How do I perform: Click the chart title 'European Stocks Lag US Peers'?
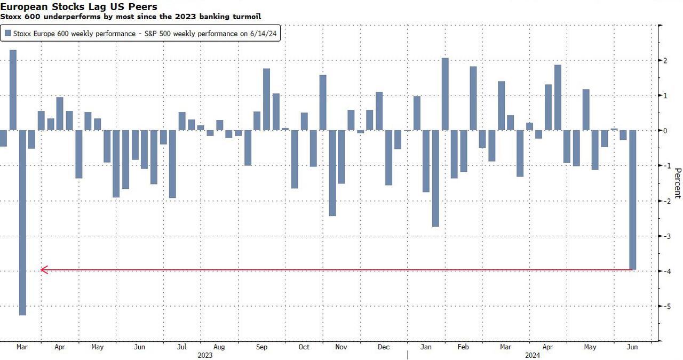point(78,7)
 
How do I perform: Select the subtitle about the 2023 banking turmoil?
point(131,17)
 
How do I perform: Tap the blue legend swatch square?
point(8,34)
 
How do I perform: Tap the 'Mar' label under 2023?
point(22,347)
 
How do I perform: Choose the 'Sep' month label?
point(261,347)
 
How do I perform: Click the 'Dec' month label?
point(383,347)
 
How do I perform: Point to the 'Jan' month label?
point(426,347)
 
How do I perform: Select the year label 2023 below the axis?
point(206,355)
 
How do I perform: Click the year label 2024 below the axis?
point(531,355)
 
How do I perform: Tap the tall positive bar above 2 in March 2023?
point(13,90)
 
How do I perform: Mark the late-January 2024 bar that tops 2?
point(445,94)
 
